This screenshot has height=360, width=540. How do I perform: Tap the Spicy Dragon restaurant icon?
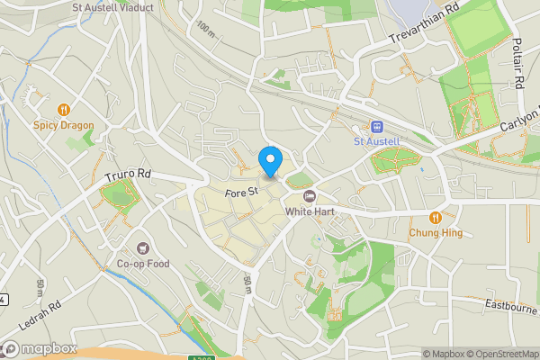tap(64, 110)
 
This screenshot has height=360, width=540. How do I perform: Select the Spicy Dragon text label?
tap(64, 126)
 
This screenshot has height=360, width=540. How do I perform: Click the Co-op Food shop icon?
tap(142, 247)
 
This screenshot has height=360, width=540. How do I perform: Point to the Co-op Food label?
tap(142, 264)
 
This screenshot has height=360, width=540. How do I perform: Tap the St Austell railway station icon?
tap(376, 127)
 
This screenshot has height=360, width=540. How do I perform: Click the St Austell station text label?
tap(376, 142)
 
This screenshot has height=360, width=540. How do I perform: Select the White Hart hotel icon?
tap(310, 196)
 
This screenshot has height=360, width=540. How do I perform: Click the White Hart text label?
tap(310, 211)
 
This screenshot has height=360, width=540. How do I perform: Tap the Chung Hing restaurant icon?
tap(436, 217)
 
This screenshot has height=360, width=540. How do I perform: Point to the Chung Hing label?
tap(436, 233)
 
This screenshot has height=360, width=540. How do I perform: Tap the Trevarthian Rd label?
tap(424, 31)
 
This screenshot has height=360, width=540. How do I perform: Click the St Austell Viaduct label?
tap(113, 6)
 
